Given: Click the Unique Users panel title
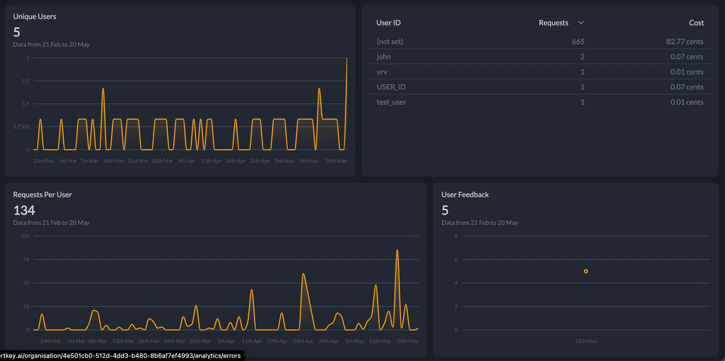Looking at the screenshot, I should (34, 16).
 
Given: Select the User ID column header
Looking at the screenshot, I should (388, 23).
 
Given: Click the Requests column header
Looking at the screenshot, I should (553, 23).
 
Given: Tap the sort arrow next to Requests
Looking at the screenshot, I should (581, 23).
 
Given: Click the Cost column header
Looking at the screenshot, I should (696, 23).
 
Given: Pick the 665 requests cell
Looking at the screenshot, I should (578, 41).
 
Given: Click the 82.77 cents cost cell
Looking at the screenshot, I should (684, 41).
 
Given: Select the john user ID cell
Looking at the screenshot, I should (384, 57).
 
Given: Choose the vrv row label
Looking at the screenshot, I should (382, 72).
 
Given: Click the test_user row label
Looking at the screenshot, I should (391, 102).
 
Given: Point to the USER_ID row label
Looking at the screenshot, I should (391, 87).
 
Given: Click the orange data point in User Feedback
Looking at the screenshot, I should (586, 271).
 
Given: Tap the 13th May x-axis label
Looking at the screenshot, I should (586, 341).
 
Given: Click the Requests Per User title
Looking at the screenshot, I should (42, 195).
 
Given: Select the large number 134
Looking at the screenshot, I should (24, 210).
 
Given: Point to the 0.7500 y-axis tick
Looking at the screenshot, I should (21, 127).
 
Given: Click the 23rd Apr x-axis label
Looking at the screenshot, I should (303, 341).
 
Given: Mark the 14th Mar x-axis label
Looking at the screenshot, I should (114, 161).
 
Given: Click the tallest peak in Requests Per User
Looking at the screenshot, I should (397, 250).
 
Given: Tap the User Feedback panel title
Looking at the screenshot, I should (465, 195).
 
